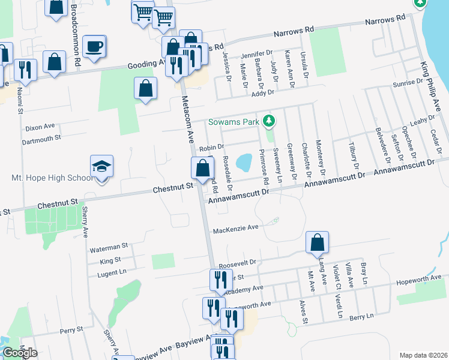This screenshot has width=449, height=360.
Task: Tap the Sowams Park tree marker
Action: (270, 121)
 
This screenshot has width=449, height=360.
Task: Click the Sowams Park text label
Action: (234, 122)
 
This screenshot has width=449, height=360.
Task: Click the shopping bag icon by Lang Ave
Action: (317, 243)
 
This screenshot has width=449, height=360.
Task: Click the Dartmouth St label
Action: (42, 137)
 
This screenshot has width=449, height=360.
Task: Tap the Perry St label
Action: (71, 331)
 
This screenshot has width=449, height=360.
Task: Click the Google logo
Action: (20, 353)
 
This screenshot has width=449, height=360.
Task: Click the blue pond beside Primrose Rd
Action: (244, 162)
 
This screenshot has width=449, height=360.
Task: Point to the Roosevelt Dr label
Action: (238, 263)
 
